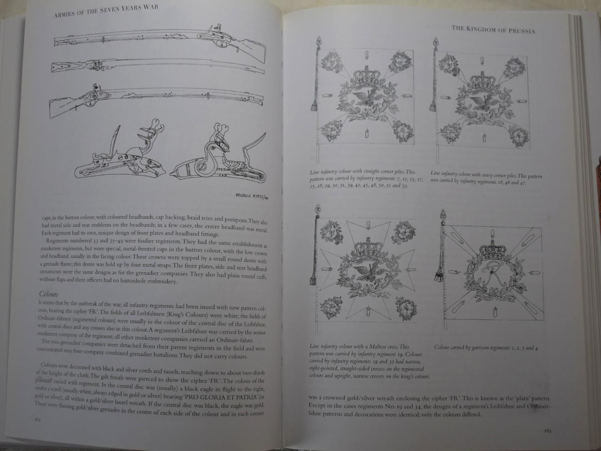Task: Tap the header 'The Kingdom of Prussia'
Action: coord(493,30)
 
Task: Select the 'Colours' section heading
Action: coord(48,294)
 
